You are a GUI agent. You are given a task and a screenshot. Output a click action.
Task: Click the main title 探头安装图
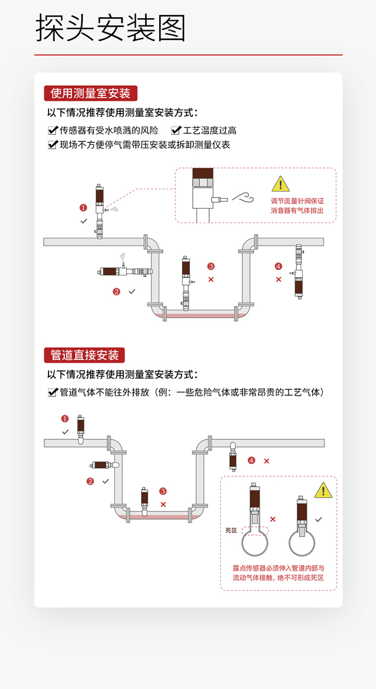click(x=111, y=28)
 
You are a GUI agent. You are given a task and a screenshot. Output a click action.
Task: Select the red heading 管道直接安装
click(x=84, y=355)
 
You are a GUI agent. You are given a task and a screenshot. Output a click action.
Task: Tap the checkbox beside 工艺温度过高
click(x=176, y=130)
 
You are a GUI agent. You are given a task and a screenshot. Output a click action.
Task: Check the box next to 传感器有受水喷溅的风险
click(x=52, y=130)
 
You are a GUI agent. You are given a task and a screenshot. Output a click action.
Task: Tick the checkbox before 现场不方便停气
click(x=52, y=144)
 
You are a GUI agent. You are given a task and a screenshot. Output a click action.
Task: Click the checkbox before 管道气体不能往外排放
click(x=52, y=393)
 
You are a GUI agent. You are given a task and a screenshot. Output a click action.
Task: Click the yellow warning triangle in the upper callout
click(x=280, y=184)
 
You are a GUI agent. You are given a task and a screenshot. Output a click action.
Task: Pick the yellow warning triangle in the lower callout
click(x=323, y=490)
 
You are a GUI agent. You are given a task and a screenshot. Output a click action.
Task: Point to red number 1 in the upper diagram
click(x=83, y=208)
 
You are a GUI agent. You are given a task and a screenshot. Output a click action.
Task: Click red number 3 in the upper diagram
click(x=211, y=266)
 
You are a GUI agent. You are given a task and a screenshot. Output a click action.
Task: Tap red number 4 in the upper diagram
click(x=278, y=266)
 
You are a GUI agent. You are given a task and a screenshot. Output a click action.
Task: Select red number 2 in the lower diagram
click(x=90, y=481)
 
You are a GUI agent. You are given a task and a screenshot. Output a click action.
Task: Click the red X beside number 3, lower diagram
click(x=163, y=504)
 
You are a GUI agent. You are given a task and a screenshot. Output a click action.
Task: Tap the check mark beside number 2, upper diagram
click(x=132, y=291)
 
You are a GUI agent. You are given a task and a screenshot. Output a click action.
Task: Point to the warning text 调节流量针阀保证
click(x=297, y=201)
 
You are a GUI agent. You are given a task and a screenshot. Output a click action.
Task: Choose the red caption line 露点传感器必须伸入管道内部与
click(x=278, y=568)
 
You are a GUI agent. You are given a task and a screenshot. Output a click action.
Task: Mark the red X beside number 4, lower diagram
click(x=266, y=461)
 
